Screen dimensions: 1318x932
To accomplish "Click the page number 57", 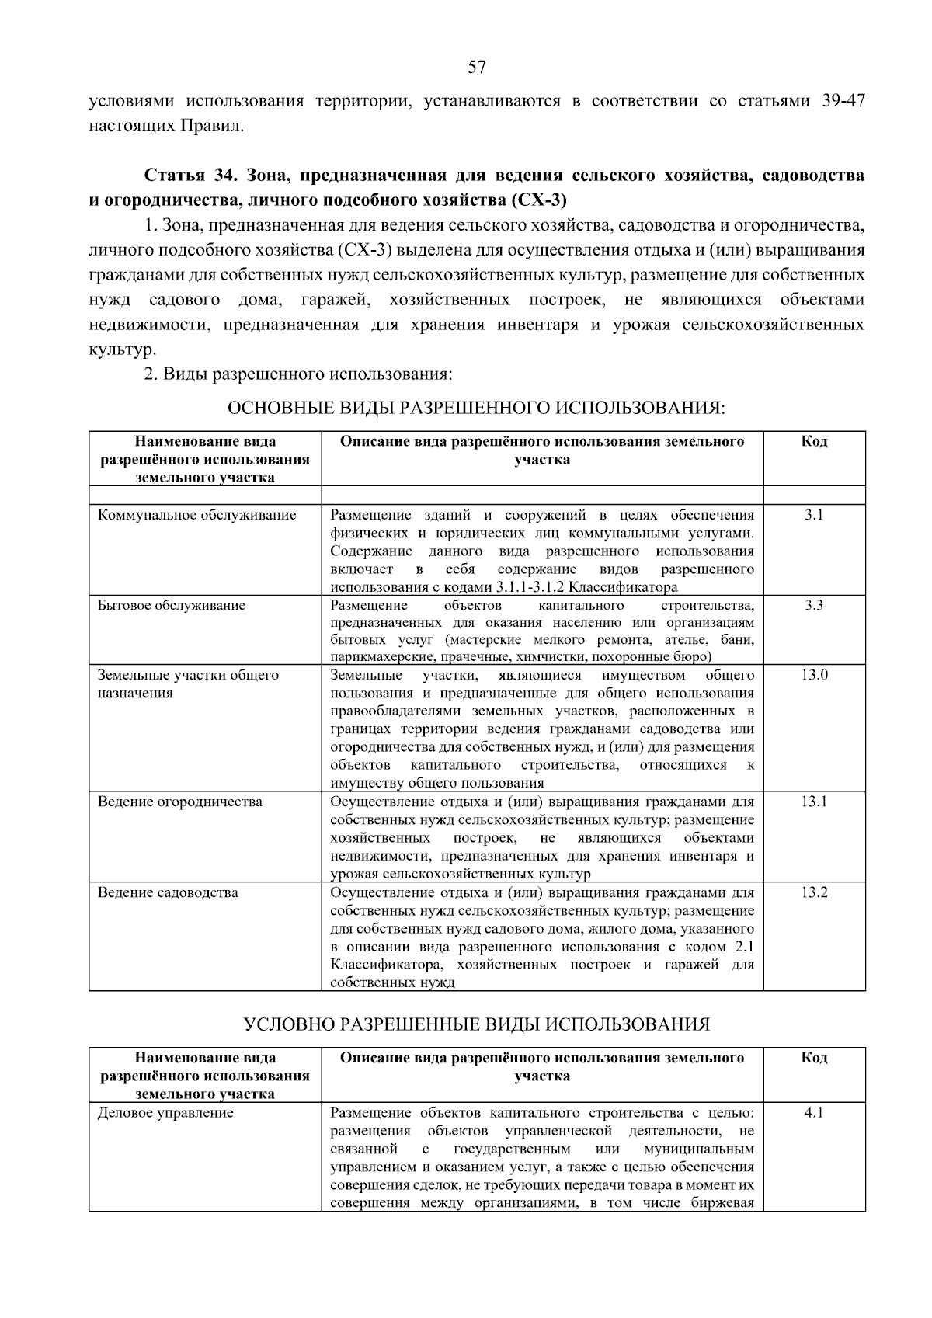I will pyautogui.click(x=477, y=68).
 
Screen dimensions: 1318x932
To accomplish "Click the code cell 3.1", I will pyautogui.click(x=813, y=515).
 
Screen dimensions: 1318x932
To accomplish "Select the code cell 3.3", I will pyautogui.click(x=813, y=605).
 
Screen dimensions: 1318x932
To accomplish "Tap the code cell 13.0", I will pyautogui.click(x=814, y=675).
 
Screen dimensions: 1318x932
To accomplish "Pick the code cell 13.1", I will pyautogui.click(x=814, y=802).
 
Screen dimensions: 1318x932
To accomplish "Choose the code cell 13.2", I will pyautogui.click(x=814, y=892).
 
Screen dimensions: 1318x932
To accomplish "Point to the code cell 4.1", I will pyautogui.click(x=813, y=1113).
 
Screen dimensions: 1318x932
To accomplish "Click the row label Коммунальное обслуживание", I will pyautogui.click(x=196, y=515).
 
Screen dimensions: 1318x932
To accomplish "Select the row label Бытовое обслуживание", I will pyautogui.click(x=171, y=605).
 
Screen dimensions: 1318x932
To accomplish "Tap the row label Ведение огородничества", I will pyautogui.click(x=179, y=802).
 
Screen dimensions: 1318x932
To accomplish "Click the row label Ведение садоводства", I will pyautogui.click(x=168, y=892).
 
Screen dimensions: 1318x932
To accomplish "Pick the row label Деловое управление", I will pyautogui.click(x=165, y=1113).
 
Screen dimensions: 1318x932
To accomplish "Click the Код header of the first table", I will pyautogui.click(x=814, y=441).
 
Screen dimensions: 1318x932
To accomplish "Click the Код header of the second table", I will pyautogui.click(x=814, y=1058).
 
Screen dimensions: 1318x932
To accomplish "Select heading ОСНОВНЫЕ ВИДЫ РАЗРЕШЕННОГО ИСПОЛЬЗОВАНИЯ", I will pyautogui.click(x=476, y=408).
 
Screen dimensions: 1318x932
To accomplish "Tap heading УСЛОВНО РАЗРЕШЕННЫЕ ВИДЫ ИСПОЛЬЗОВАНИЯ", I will pyautogui.click(x=476, y=1024).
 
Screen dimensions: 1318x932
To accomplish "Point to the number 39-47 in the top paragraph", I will pyautogui.click(x=843, y=101).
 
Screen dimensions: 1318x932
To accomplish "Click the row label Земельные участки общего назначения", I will pyautogui.click(x=188, y=683).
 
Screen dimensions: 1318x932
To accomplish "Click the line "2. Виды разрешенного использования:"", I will pyautogui.click(x=297, y=374).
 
